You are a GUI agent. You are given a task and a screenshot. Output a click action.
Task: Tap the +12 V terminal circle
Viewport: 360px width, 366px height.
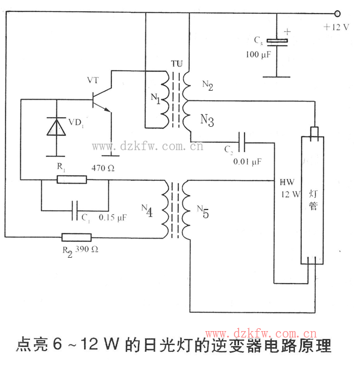coord(337,12)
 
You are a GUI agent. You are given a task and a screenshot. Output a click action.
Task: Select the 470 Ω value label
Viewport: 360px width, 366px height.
coord(104,168)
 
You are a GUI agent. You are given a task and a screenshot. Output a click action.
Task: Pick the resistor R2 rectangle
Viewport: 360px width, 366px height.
coord(76,237)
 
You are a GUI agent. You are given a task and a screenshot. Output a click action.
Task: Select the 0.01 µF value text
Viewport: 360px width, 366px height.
coord(248,161)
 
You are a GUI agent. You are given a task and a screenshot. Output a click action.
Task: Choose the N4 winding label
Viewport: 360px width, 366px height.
coord(147,211)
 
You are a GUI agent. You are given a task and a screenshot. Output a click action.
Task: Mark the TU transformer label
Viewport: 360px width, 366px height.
coord(176,63)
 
